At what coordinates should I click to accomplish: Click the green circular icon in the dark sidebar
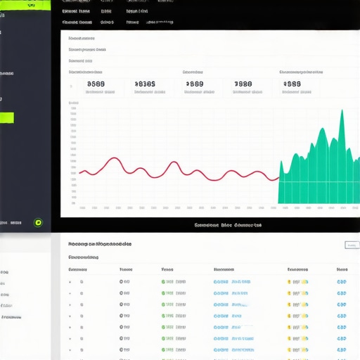point(38,223)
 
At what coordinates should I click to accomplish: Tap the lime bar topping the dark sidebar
point(25,5)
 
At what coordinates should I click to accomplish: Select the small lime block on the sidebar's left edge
point(7,118)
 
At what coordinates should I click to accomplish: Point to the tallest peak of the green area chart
point(342,112)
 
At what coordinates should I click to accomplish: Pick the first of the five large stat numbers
point(96,84)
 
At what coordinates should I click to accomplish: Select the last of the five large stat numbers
point(291,84)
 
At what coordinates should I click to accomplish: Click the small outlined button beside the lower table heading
point(352,245)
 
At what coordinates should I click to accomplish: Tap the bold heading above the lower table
point(100,244)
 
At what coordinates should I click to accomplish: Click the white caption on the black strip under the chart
point(228,226)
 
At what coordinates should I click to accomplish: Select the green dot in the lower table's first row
point(163,282)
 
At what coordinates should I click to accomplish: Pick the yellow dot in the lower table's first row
point(289,282)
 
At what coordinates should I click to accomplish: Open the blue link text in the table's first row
point(231,282)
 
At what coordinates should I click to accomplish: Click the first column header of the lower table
point(77,269)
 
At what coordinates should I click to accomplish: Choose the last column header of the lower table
point(342,269)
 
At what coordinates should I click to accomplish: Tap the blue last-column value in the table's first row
point(342,282)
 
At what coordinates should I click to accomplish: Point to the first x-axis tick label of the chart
point(82,208)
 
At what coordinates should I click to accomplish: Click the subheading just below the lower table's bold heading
point(83,257)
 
